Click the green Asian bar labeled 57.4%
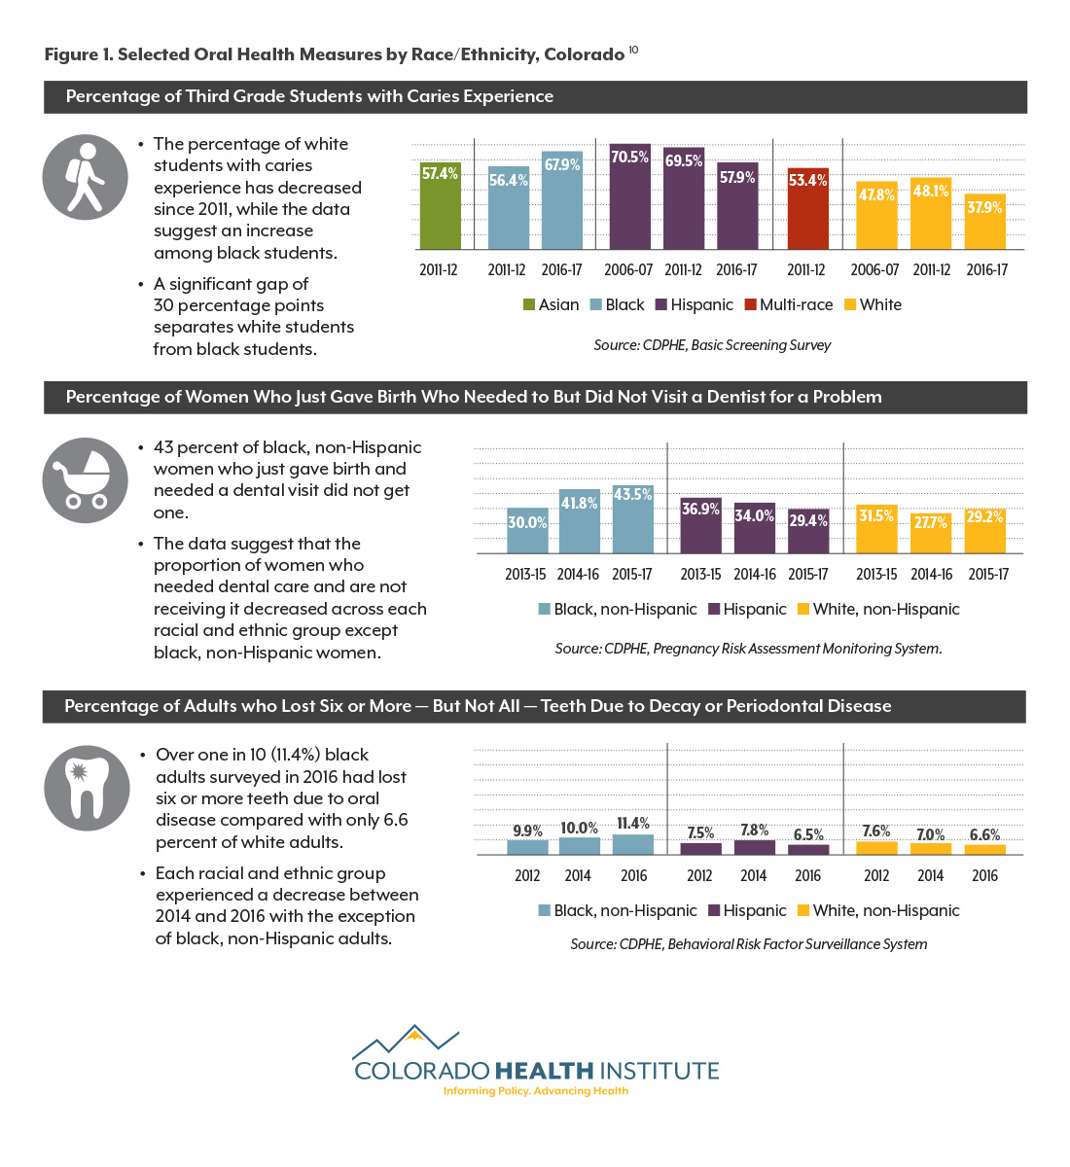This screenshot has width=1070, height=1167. (x=440, y=206)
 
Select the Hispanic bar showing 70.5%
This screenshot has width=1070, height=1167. (x=630, y=196)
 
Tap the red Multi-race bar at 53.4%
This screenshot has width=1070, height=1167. (x=807, y=209)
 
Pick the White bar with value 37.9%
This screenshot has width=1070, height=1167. (x=984, y=222)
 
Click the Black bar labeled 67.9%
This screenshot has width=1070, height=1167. (x=562, y=200)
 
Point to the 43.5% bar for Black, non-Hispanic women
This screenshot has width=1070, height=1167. (x=633, y=519)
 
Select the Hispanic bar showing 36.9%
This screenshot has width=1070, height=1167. (x=701, y=525)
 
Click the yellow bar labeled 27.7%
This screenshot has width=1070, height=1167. (x=930, y=533)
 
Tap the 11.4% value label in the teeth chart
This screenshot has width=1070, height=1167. (x=633, y=823)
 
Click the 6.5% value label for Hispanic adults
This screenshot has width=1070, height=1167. (x=808, y=834)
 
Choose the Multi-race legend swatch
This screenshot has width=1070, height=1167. (x=750, y=304)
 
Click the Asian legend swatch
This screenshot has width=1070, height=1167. (x=528, y=304)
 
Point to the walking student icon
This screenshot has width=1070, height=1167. (x=85, y=177)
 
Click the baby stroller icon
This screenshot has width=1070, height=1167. (x=85, y=480)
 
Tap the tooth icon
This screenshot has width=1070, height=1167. (x=87, y=789)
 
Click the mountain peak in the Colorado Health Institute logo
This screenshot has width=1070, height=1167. (x=414, y=1033)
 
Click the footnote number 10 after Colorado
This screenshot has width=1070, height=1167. (x=633, y=50)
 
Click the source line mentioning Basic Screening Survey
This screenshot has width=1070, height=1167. (x=711, y=345)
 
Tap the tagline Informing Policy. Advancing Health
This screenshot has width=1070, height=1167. (x=536, y=1091)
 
